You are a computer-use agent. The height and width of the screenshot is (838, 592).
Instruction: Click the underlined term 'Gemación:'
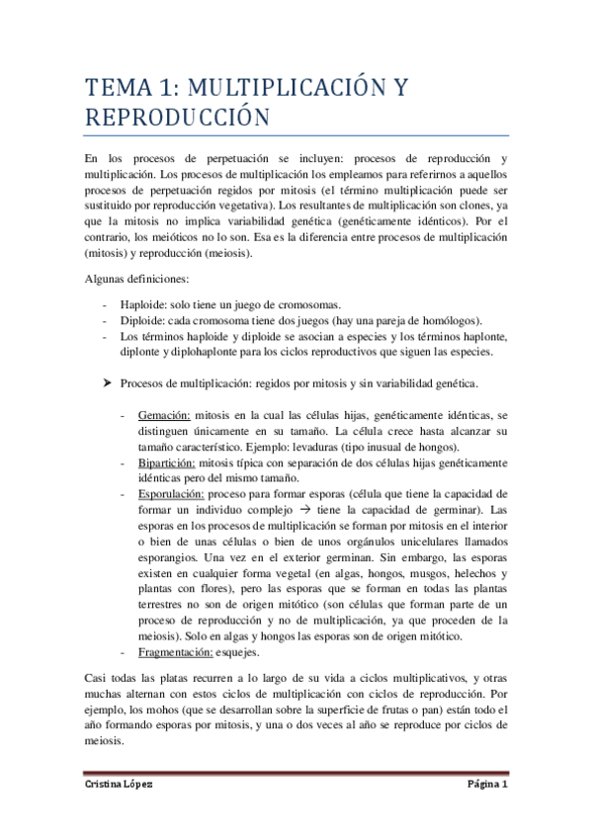click(x=165, y=418)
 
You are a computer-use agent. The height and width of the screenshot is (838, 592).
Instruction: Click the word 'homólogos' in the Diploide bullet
click(x=454, y=320)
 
